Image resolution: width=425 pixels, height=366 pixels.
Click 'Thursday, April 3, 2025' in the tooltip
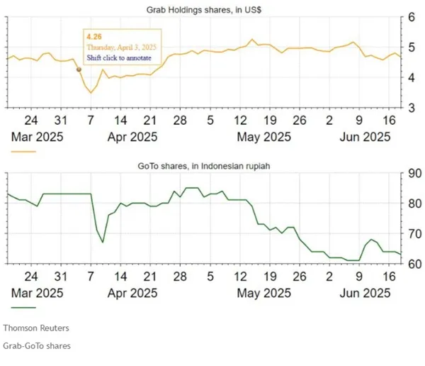tap(121, 47)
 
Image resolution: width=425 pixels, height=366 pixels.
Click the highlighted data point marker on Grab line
tap(79, 70)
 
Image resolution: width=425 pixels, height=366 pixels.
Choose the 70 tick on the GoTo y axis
tap(410, 234)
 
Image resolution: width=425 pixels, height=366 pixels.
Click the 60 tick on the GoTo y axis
tap(410, 265)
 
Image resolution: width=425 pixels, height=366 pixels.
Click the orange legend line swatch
tap(23, 151)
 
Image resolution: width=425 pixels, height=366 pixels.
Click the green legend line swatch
tap(23, 308)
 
